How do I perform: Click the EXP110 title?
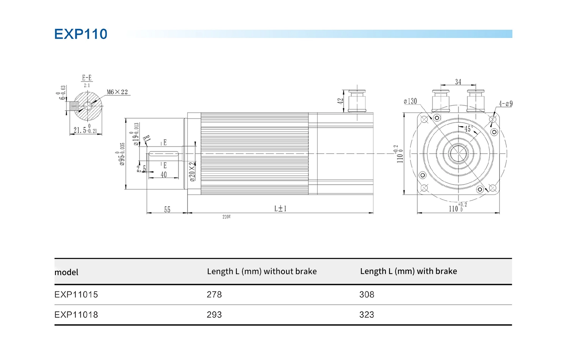80,34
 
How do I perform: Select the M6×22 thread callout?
117,92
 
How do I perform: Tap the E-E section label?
87,78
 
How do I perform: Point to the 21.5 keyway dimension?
85,130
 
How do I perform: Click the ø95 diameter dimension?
122,154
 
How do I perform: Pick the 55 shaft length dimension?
167,210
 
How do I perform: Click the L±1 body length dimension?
280,209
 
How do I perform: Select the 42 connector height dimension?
340,101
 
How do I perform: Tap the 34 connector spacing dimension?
458,82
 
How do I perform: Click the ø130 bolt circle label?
410,101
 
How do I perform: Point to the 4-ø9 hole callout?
505,104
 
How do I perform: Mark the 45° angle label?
468,129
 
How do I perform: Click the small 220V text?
226,217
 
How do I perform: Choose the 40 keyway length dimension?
163,175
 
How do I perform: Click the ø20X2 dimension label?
192,171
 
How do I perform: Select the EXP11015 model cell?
76,294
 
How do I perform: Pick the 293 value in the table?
214,314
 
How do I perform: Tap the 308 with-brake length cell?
367,294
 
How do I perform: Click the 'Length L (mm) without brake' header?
262,271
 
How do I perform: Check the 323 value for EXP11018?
367,314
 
